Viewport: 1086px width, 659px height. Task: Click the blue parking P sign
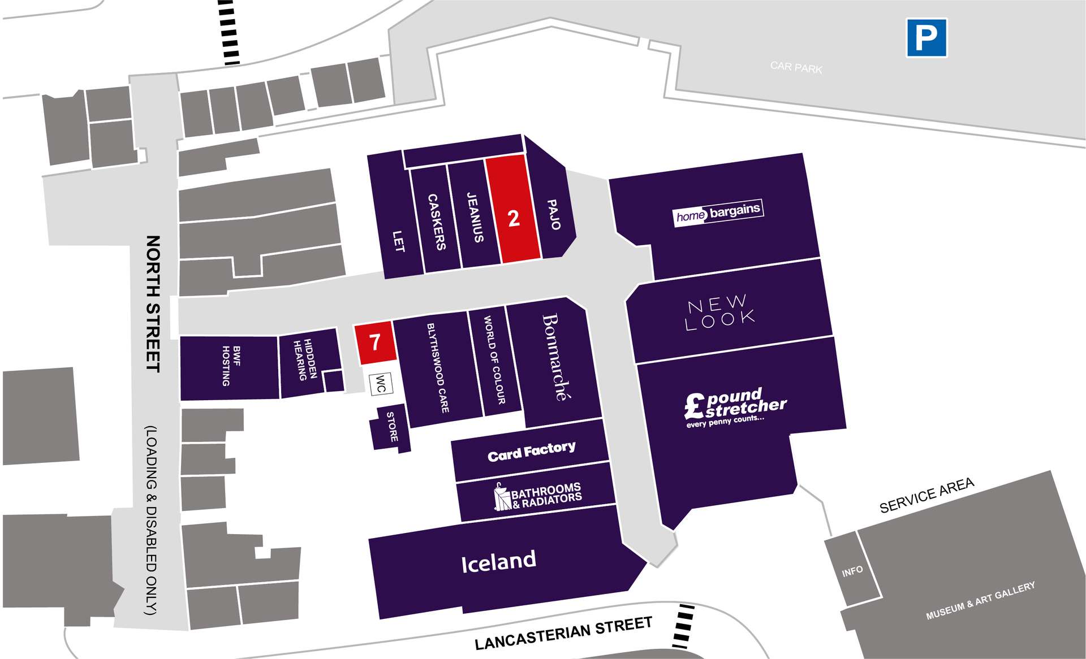[x=926, y=38]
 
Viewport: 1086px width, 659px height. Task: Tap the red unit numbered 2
[x=513, y=209]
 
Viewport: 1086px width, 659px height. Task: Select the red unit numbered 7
[x=374, y=342]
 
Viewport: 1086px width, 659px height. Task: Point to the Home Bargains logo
[x=718, y=213]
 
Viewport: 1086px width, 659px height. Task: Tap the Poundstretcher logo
[x=735, y=407]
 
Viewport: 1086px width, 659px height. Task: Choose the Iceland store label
[x=498, y=561]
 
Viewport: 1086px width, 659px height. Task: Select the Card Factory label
[x=532, y=452]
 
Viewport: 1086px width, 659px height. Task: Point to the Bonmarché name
[x=556, y=357]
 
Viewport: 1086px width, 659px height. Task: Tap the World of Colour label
[x=494, y=360]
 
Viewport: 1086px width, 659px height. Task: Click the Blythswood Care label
[x=438, y=367]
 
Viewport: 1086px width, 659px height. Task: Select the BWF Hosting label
[x=231, y=366]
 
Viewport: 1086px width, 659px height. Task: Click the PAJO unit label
[x=554, y=214]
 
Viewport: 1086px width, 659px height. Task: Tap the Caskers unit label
[x=437, y=222]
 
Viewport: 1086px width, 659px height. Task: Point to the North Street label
[x=153, y=304]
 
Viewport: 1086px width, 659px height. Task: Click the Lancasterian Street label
[x=563, y=634]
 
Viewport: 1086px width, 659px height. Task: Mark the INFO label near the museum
[x=852, y=571]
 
